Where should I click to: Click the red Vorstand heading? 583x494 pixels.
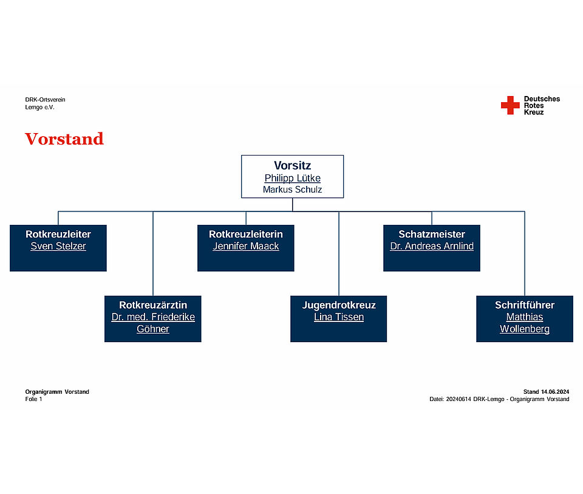click(64, 139)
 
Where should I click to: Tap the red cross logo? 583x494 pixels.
click(510, 105)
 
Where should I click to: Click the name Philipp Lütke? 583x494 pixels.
click(292, 178)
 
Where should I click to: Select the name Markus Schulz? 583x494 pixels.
click(292, 190)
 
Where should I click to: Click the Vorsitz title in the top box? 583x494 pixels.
click(292, 165)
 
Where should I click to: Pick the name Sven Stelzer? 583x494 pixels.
click(58, 246)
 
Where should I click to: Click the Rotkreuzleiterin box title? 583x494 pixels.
click(246, 234)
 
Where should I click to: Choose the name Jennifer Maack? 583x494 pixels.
click(246, 246)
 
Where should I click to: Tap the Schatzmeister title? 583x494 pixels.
click(432, 234)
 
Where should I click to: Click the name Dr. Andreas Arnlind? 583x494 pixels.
click(432, 246)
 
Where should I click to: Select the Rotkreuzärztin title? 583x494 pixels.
click(153, 305)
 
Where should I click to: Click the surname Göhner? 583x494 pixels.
click(153, 329)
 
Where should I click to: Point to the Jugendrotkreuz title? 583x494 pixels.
click(339, 305)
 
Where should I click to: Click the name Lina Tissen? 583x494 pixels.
click(339, 317)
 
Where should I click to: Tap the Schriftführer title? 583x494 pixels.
click(525, 305)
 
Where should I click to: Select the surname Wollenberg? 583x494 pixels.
click(525, 329)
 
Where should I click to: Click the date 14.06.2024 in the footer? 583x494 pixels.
click(554, 392)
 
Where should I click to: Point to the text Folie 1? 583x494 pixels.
click(33, 399)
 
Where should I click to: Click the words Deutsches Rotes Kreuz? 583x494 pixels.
click(542, 105)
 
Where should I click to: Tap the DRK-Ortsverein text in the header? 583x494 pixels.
click(45, 100)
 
